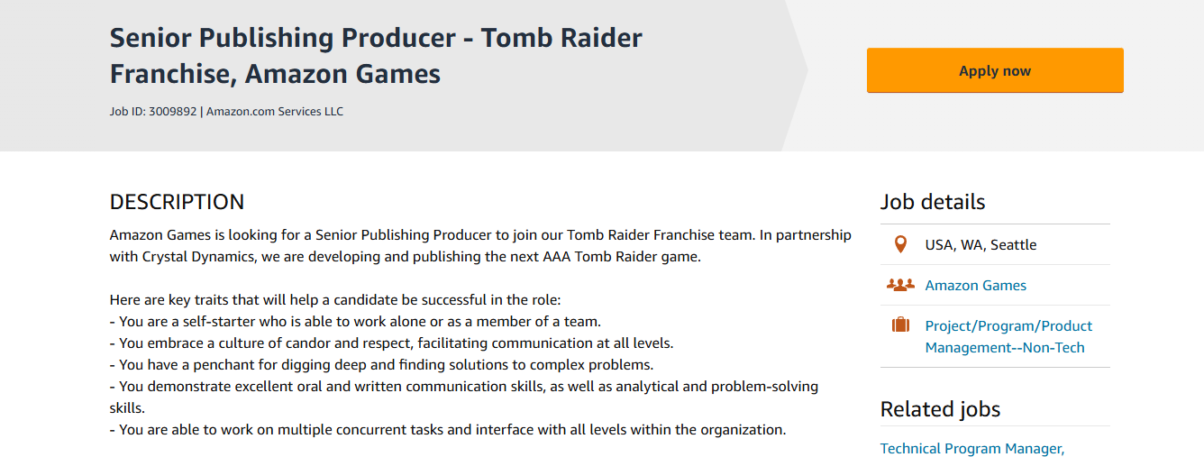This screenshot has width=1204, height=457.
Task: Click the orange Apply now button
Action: tap(995, 70)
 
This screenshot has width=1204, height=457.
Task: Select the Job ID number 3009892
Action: tap(172, 111)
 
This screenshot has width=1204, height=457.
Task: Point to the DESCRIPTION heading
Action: tap(177, 202)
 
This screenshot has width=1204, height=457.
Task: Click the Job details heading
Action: tap(933, 202)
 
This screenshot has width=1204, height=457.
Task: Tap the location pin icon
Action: tap(900, 244)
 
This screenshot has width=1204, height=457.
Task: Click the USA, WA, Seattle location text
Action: tap(981, 245)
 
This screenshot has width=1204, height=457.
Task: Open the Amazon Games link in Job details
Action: tap(976, 286)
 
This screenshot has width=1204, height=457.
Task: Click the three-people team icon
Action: tap(900, 285)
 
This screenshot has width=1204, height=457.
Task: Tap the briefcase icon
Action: tap(900, 324)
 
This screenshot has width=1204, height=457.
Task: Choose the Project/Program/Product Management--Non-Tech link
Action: tap(1008, 336)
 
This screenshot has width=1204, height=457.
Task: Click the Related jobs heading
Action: tap(940, 410)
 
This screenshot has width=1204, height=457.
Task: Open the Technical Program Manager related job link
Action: tap(972, 448)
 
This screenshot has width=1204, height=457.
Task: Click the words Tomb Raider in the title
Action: tap(561, 38)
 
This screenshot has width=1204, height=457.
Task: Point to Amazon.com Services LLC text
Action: tap(275, 111)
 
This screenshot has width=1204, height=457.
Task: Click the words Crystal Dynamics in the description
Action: tap(197, 257)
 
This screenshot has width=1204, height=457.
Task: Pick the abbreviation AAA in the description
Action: tap(556, 257)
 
